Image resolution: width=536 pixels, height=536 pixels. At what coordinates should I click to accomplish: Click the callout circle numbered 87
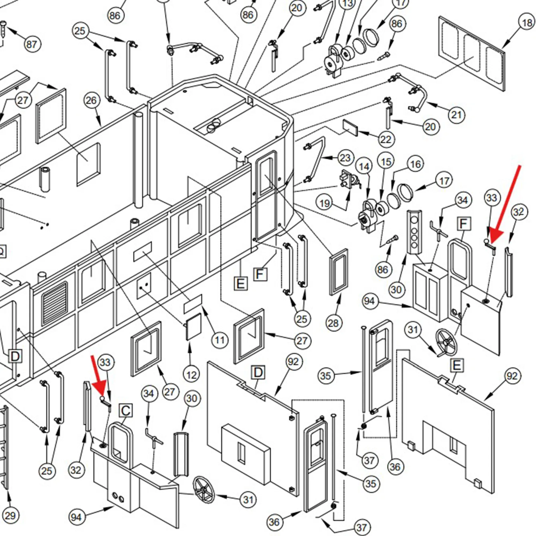click(32, 44)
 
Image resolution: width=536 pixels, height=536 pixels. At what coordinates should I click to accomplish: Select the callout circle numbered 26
click(91, 100)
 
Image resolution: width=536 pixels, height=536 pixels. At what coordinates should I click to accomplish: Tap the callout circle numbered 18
click(527, 23)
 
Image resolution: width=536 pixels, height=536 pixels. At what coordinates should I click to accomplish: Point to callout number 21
click(456, 115)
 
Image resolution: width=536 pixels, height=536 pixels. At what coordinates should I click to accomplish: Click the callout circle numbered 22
click(386, 139)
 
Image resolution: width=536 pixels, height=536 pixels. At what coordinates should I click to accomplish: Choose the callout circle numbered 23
click(345, 158)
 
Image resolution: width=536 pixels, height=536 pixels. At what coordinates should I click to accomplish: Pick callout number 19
click(325, 203)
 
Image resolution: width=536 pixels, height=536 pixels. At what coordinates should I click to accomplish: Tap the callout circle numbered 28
click(333, 323)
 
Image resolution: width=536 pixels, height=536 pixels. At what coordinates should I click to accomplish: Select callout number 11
click(220, 340)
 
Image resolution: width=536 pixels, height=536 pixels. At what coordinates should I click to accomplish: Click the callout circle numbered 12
click(191, 375)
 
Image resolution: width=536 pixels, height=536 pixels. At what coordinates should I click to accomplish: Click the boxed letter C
click(126, 411)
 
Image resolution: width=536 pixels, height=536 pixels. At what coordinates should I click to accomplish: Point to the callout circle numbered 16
click(415, 164)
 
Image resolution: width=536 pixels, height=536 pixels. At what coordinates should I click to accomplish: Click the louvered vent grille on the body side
click(55, 304)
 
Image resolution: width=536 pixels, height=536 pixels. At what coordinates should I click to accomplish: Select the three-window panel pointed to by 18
click(472, 53)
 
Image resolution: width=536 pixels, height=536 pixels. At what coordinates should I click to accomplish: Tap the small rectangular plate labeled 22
click(350, 128)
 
